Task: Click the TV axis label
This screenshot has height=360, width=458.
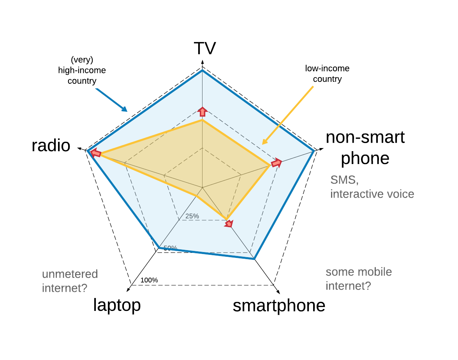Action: [x=205, y=48]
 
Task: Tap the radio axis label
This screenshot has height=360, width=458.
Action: [x=51, y=146]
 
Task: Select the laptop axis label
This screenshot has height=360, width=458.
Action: [x=117, y=305]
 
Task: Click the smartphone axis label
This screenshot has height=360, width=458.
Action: [x=279, y=306]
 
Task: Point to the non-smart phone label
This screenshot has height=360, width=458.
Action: [x=365, y=148]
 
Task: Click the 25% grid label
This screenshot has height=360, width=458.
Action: [x=192, y=216]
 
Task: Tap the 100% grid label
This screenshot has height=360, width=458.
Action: [x=149, y=280]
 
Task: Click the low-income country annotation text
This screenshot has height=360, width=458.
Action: [x=327, y=74]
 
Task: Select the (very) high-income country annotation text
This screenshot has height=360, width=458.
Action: [x=82, y=71]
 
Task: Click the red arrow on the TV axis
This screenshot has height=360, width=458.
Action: [x=202, y=111]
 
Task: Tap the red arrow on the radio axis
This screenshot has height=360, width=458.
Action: [x=96, y=153]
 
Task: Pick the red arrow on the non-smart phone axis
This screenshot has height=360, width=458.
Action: [x=276, y=163]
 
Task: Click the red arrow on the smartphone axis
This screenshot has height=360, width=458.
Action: [x=229, y=223]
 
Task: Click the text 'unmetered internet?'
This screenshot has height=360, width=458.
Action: [x=70, y=281]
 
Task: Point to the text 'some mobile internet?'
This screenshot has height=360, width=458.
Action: [x=359, y=279]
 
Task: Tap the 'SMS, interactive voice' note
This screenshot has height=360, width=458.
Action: [x=372, y=187]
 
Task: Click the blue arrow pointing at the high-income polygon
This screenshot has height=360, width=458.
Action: [x=111, y=100]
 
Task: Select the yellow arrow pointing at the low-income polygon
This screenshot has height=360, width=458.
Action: [x=288, y=115]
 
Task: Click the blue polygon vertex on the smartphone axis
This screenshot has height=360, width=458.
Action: [x=254, y=259]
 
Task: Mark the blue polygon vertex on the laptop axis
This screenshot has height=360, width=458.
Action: [x=159, y=247]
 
